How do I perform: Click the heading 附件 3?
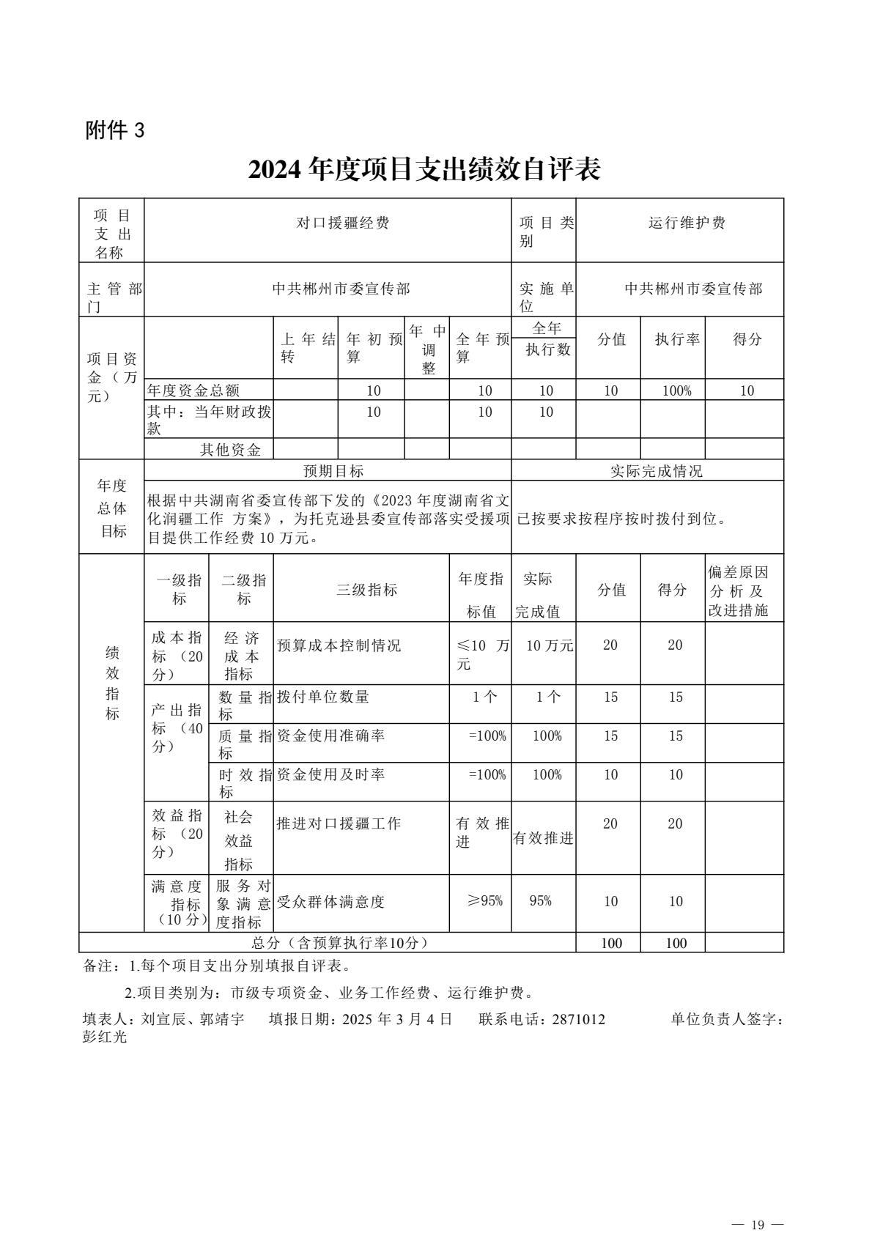pyautogui.click(x=116, y=131)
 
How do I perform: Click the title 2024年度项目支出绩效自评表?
pyautogui.click(x=424, y=169)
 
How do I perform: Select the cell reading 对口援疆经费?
pyautogui.click(x=342, y=223)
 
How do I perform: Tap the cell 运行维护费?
pyautogui.click(x=687, y=223)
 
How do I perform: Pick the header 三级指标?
pyautogui.click(x=366, y=590)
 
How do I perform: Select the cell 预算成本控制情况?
pyautogui.click(x=339, y=645)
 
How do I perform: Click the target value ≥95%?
pyautogui.click(x=484, y=900)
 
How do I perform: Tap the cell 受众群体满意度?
pyautogui.click(x=330, y=902)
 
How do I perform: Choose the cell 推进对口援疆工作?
pyautogui.click(x=339, y=823)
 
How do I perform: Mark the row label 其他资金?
pyautogui.click(x=231, y=450)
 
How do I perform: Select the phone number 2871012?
pyautogui.click(x=574, y=1019)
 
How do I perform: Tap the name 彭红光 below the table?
pyautogui.click(x=105, y=1037)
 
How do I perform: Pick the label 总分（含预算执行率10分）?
pyautogui.click(x=339, y=943)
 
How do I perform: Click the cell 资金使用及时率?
pyautogui.click(x=330, y=774)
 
